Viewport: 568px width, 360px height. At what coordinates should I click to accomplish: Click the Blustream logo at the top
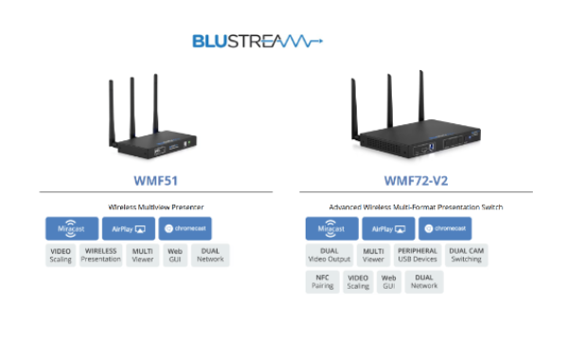click(257, 41)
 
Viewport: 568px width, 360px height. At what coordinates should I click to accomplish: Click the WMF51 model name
click(156, 181)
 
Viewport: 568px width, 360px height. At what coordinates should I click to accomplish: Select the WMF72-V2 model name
click(416, 181)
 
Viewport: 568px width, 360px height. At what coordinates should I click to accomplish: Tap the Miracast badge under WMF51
click(72, 228)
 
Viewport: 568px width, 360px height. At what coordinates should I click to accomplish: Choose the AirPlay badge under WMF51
click(129, 228)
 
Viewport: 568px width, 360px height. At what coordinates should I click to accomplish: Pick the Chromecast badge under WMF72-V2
click(445, 228)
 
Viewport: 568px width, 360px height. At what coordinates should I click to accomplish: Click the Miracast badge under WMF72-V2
click(332, 228)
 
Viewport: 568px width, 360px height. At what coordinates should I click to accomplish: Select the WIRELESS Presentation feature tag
click(100, 255)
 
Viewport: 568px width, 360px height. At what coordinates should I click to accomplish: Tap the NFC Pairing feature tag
click(323, 281)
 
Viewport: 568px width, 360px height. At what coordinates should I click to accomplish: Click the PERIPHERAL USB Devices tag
click(417, 255)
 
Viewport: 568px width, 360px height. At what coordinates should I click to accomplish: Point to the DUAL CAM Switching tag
click(466, 255)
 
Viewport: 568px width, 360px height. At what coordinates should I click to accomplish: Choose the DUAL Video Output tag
click(329, 255)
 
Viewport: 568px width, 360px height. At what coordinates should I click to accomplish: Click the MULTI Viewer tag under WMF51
click(143, 255)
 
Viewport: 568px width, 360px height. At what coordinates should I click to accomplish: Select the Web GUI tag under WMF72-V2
click(389, 281)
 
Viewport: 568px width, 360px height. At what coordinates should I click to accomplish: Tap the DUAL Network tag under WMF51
click(210, 255)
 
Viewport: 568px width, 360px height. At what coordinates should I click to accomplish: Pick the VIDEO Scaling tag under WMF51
click(61, 255)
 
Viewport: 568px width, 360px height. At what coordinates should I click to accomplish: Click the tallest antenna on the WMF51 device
click(156, 103)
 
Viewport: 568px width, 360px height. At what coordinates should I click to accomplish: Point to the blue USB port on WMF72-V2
click(431, 147)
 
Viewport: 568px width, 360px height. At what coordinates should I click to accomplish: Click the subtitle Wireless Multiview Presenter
click(156, 207)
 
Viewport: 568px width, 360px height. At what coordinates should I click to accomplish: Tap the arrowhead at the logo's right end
click(320, 41)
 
